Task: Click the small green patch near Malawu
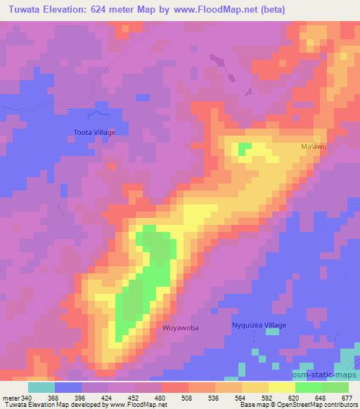point(245,148)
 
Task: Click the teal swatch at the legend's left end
point(41,387)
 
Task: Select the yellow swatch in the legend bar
point(281,387)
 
